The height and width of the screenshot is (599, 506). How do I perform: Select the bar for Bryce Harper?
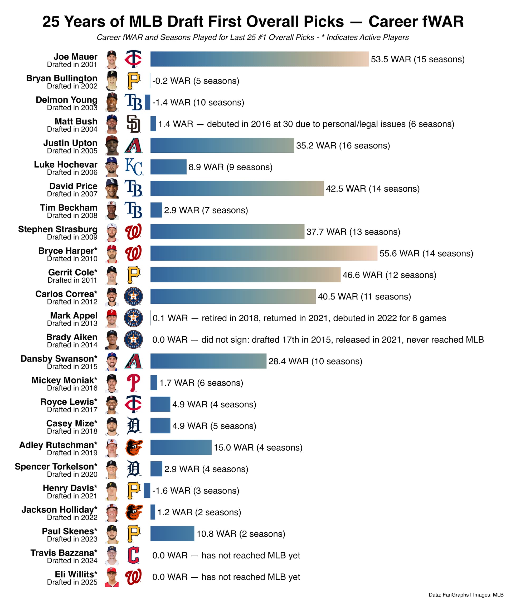pyautogui.click(x=264, y=253)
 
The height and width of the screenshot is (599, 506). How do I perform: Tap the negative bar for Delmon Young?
pyautogui.click(x=147, y=102)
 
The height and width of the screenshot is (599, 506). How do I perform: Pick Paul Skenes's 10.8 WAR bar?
pyautogui.click(x=172, y=534)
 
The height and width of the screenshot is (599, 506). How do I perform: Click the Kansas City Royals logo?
pyautogui.click(x=134, y=167)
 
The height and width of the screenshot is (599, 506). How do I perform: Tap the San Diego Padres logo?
pyautogui.click(x=134, y=124)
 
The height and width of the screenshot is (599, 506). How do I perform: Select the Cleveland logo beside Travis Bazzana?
pyautogui.click(x=134, y=555)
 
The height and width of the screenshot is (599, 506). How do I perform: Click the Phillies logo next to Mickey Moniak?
pyautogui.click(x=134, y=383)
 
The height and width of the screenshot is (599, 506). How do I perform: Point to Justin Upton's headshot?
pyautogui.click(x=112, y=146)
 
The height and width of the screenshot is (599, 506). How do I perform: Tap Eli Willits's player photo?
pyautogui.click(x=112, y=577)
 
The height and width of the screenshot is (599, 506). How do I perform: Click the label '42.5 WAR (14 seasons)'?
pyautogui.click(x=373, y=189)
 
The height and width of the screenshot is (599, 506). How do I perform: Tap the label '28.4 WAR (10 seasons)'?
pyautogui.click(x=315, y=361)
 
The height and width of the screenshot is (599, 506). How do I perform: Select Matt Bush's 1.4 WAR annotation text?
pyautogui.click(x=306, y=124)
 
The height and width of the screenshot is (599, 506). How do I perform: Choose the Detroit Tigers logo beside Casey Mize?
pyautogui.click(x=134, y=426)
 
